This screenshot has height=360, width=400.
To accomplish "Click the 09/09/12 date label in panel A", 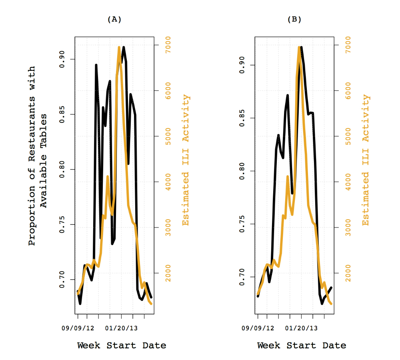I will [x=78, y=328].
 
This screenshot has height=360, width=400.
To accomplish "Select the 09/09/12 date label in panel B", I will [x=258, y=328].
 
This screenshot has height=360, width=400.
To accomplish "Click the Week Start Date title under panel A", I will [x=122, y=345].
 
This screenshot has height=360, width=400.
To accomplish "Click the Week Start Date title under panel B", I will [x=302, y=345].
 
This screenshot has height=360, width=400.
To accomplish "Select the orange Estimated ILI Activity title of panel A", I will [x=186, y=160].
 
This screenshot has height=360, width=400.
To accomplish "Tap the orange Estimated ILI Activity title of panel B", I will [x=366, y=160].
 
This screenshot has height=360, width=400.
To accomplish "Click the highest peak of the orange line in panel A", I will [x=119, y=47].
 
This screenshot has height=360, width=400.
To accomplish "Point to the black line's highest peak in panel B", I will [x=301, y=47].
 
